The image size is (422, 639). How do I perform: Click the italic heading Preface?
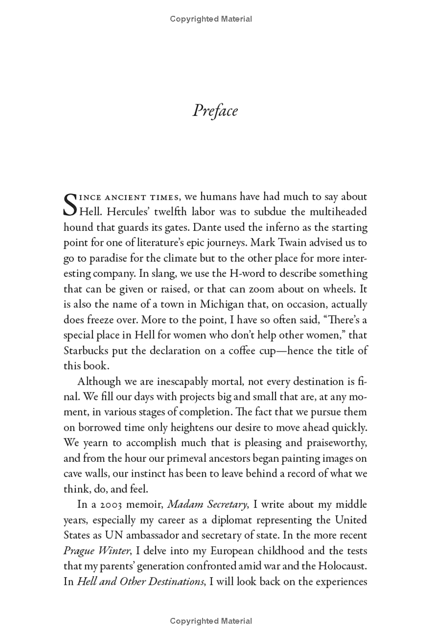(215, 111)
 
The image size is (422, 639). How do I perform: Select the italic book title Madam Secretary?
(207, 505)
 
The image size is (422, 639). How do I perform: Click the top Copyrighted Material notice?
(211, 19)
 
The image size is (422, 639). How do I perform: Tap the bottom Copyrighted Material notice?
(211, 621)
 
